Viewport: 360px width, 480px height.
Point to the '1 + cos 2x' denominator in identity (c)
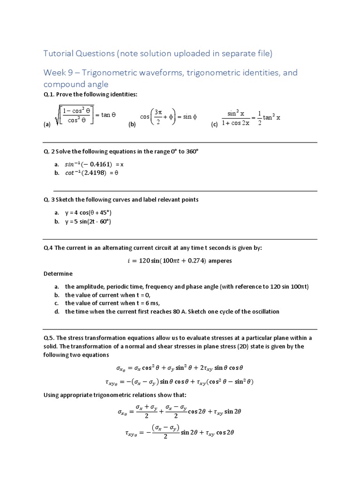(239, 122)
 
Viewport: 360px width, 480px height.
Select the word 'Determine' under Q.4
(58, 273)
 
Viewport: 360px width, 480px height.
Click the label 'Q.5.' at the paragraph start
(50, 338)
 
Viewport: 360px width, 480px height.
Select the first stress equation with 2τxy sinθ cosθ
(180, 368)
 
